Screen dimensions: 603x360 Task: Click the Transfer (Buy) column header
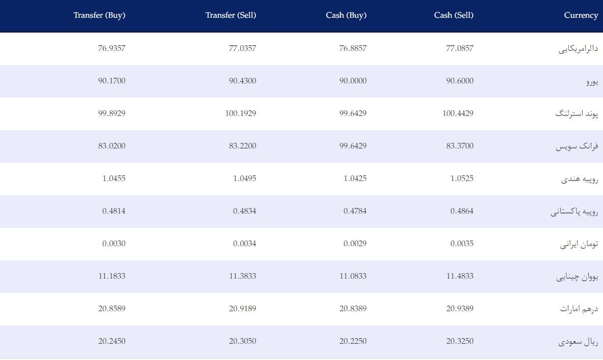[x=100, y=15]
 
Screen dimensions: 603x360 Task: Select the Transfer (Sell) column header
[x=231, y=15]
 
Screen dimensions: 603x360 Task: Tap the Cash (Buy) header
[x=346, y=15]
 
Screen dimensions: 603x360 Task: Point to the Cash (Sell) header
[x=454, y=15]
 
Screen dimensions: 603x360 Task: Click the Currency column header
[x=581, y=15]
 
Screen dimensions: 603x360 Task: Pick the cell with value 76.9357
[x=112, y=48]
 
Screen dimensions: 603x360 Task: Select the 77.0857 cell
[x=460, y=48]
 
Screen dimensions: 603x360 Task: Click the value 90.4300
[x=243, y=81]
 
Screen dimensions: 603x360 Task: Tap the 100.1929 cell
[x=241, y=113]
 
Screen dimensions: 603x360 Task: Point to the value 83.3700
[x=460, y=146]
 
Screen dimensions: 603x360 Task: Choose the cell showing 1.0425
[x=355, y=178]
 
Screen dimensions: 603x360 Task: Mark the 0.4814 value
[x=114, y=211]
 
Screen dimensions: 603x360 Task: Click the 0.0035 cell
[x=462, y=244]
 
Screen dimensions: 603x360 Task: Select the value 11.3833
[x=243, y=276]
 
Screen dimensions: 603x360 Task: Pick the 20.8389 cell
[x=353, y=309]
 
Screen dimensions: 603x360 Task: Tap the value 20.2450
[x=112, y=341]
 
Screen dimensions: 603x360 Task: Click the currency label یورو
[x=592, y=81]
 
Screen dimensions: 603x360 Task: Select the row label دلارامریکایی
[x=579, y=49]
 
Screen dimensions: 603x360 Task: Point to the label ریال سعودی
[x=579, y=342]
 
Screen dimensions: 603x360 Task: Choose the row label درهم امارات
[x=579, y=309]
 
